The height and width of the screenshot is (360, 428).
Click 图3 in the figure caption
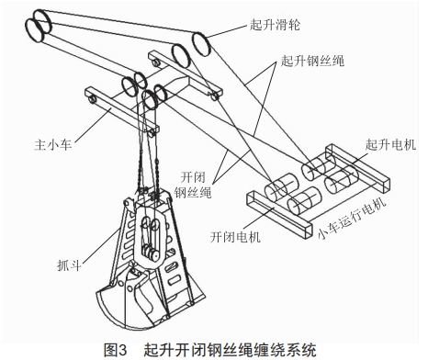coord(119,348)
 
